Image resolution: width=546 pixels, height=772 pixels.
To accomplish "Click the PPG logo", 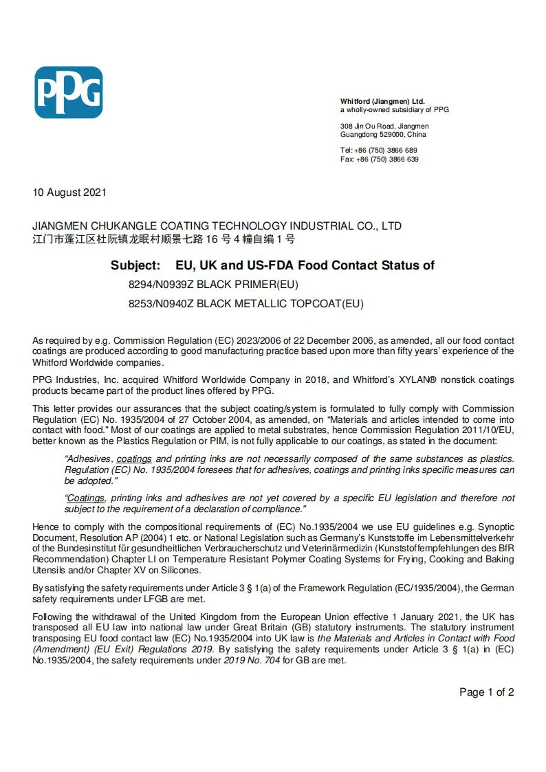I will click(68, 92).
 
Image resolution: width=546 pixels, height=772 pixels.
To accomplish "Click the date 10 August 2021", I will click(69, 192).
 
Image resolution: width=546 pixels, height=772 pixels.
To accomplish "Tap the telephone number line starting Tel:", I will click(379, 150).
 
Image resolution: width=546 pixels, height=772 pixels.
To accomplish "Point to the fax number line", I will click(379, 159).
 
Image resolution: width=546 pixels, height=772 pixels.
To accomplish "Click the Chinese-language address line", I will click(164, 239).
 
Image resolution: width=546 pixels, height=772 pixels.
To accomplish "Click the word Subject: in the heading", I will click(135, 265).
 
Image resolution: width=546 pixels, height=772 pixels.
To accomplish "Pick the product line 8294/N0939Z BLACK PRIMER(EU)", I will click(213, 285).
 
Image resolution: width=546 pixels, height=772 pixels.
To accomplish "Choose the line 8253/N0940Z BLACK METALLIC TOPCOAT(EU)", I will click(245, 303).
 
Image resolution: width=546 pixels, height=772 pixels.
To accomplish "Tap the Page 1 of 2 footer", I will click(486, 692).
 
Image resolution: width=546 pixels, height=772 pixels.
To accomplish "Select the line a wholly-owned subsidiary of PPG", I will click(394, 109).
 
